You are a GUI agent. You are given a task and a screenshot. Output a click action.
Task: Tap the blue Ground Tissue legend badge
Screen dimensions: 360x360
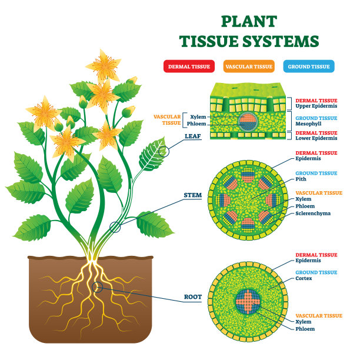(x=308, y=66)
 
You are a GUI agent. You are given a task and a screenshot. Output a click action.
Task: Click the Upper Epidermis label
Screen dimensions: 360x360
(x=316, y=107)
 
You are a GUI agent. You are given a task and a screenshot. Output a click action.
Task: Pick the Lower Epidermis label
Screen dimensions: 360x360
(x=316, y=139)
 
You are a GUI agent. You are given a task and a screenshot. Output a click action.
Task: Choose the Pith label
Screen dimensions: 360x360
(x=301, y=180)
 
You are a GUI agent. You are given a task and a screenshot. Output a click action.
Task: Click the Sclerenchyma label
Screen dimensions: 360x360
(x=314, y=214)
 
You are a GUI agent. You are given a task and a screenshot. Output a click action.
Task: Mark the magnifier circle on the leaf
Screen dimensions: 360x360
(x=164, y=151)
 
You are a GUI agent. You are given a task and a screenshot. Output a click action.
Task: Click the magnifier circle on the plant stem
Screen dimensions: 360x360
(x=115, y=225)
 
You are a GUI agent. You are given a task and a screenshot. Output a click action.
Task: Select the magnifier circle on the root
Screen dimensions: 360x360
(x=98, y=287)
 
